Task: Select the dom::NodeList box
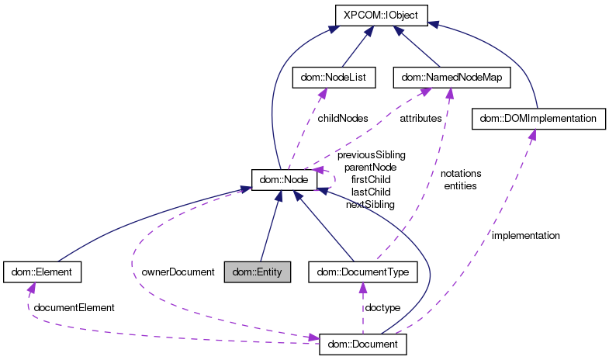[x=323, y=77]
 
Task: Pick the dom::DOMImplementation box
[x=538, y=119]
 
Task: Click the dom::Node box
[x=285, y=179]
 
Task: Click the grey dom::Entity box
[x=257, y=272]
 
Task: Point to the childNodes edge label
[x=342, y=118]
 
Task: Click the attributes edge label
[x=420, y=118]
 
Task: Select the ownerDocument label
[x=178, y=272]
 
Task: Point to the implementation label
[x=525, y=234]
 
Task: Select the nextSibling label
[x=370, y=204]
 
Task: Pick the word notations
[x=461, y=173]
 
